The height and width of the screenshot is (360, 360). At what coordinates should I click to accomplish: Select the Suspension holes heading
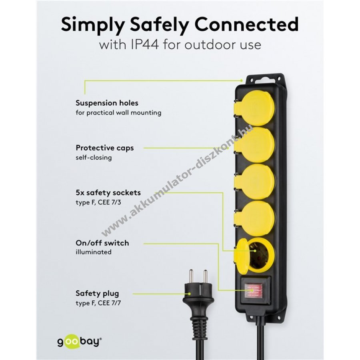[107, 103]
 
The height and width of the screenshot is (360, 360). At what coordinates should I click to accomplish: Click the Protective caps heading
[105, 148]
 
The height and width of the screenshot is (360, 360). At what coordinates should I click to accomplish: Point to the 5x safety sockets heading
[108, 193]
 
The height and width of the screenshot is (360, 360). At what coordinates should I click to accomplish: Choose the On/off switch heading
[102, 243]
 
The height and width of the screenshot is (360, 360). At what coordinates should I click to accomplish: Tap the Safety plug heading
[97, 294]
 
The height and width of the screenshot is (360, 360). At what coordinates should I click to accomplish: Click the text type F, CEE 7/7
[98, 303]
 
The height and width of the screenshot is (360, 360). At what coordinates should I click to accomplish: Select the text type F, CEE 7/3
[98, 202]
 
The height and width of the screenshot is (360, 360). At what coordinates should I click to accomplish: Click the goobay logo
[80, 342]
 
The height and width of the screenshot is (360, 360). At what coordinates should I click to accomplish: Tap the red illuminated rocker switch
[253, 290]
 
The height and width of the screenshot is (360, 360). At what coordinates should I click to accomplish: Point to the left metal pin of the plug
[190, 276]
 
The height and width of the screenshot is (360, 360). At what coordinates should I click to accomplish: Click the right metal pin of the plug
[205, 276]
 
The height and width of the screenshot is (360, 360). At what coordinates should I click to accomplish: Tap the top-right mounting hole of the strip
[279, 79]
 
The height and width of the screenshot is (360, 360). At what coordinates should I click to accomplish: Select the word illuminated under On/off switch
[94, 252]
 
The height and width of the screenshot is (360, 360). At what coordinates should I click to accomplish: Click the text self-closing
[94, 158]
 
